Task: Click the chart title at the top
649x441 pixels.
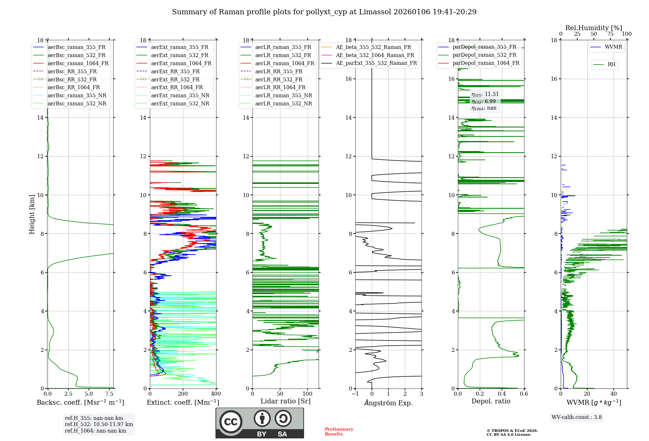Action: coord(324,12)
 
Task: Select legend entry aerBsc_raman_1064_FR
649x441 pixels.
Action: coord(78,63)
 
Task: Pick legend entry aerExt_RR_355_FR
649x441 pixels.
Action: coord(175,71)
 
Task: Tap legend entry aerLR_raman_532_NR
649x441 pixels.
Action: coord(283,103)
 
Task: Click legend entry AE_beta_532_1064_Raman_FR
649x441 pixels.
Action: coord(375,55)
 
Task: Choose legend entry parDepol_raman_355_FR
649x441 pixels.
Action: coord(484,47)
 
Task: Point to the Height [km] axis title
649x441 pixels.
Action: coord(32,214)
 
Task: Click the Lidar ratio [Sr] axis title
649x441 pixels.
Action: coord(286,401)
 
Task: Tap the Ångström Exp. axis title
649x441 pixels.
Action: coord(388,403)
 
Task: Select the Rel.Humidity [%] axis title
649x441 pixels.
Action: coord(594,28)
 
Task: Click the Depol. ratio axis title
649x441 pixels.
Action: coord(491,401)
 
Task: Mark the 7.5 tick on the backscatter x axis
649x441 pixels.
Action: coord(109,394)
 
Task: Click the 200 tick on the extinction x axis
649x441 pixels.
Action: coord(183,394)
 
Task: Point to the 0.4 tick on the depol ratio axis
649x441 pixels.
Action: coord(502,394)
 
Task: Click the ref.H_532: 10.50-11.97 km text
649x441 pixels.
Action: coord(99,424)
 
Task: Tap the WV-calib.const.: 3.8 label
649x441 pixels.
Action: coord(577,417)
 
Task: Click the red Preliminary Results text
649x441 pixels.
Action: coord(339,432)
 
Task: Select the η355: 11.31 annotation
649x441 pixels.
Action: coord(485,94)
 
